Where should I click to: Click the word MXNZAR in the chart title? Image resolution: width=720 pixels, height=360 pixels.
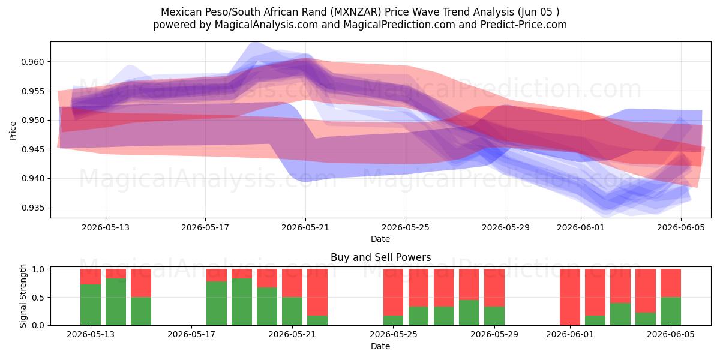pos(358,12)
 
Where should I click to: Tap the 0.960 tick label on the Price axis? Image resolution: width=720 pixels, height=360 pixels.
pos(32,62)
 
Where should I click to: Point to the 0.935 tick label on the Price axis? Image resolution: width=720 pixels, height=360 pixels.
pos(32,208)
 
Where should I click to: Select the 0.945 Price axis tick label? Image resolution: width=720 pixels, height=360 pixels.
pos(32,149)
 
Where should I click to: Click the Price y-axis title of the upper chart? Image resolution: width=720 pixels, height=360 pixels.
pos(13,131)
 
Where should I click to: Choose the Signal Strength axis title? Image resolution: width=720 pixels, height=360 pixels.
pos(23,296)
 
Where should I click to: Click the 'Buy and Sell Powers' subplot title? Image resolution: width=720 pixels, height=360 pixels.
pos(380,257)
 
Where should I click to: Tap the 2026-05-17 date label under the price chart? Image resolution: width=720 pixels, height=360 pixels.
pos(205,227)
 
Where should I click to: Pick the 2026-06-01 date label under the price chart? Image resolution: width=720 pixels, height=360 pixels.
pos(581,227)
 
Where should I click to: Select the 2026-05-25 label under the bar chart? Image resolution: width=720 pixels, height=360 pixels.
pos(394,334)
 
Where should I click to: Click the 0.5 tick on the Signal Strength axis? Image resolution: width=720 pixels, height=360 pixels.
pos(38,298)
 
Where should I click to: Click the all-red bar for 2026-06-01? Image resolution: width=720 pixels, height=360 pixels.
pos(570,297)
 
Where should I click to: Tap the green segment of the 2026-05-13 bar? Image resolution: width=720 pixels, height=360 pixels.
pos(91,305)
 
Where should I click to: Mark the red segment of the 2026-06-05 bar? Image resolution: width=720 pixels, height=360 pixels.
pos(671,283)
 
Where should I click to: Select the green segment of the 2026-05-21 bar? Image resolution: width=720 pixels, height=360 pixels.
pos(292,311)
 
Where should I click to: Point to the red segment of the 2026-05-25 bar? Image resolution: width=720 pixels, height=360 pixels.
pos(394,293)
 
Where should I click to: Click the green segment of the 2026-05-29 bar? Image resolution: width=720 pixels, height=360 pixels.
pos(494,316)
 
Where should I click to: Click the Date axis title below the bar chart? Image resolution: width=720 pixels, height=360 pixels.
pos(380,347)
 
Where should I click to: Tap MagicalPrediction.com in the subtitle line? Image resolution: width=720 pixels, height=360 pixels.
pos(399,25)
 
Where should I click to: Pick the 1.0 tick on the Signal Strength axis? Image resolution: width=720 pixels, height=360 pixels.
pos(38,269)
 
